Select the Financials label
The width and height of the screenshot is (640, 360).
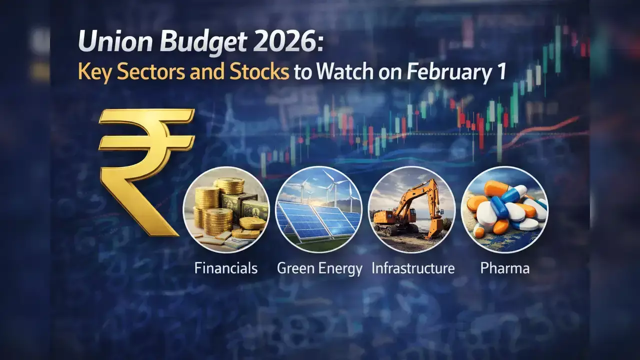tap(226, 268)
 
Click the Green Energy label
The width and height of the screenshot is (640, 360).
tap(319, 269)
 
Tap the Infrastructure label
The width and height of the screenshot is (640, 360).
tap(413, 268)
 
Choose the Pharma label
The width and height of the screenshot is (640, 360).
tap(505, 268)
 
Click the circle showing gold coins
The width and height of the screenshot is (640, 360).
tap(226, 209)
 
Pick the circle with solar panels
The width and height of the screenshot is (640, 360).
tap(319, 209)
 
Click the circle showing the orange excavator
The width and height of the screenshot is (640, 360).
tap(411, 209)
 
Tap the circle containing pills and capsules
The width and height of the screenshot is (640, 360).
tap(504, 209)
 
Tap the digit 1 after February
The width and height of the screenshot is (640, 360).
tap(501, 71)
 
